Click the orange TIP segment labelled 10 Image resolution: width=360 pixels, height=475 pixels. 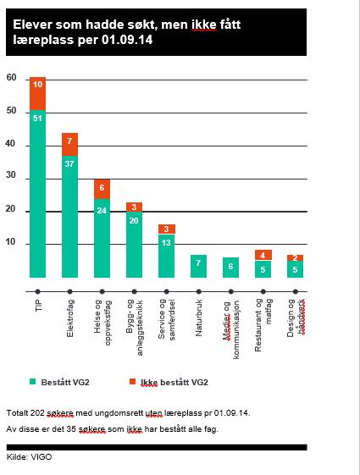[37, 94]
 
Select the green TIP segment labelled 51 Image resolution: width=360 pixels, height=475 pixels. [37, 194]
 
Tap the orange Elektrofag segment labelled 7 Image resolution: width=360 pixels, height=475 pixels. [69, 145]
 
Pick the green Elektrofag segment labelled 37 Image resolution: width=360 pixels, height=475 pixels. [69, 217]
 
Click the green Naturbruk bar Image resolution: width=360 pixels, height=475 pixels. [198, 266]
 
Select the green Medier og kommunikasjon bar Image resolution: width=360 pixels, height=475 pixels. [230, 268]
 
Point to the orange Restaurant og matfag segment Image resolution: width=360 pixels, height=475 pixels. [263, 255]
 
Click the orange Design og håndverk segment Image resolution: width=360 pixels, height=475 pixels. [295, 257]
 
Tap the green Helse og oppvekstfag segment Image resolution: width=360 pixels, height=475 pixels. [102, 238]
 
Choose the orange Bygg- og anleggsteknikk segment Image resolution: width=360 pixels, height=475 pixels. [134, 207]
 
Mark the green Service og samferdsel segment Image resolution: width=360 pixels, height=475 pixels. [166, 256]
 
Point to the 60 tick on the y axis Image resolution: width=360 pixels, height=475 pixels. [11, 78]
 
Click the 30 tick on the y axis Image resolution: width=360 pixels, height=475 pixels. [11, 174]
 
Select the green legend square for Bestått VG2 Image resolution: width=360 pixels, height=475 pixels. [33, 381]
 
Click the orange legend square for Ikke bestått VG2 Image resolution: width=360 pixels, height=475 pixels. [132, 381]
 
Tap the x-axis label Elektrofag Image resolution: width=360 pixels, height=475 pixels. [70, 318]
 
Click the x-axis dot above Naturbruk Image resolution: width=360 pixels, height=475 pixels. [198, 292]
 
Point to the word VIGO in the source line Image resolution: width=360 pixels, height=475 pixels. [42, 457]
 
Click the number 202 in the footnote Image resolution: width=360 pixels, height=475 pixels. [37, 413]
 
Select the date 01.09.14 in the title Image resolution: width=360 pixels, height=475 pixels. [127, 40]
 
